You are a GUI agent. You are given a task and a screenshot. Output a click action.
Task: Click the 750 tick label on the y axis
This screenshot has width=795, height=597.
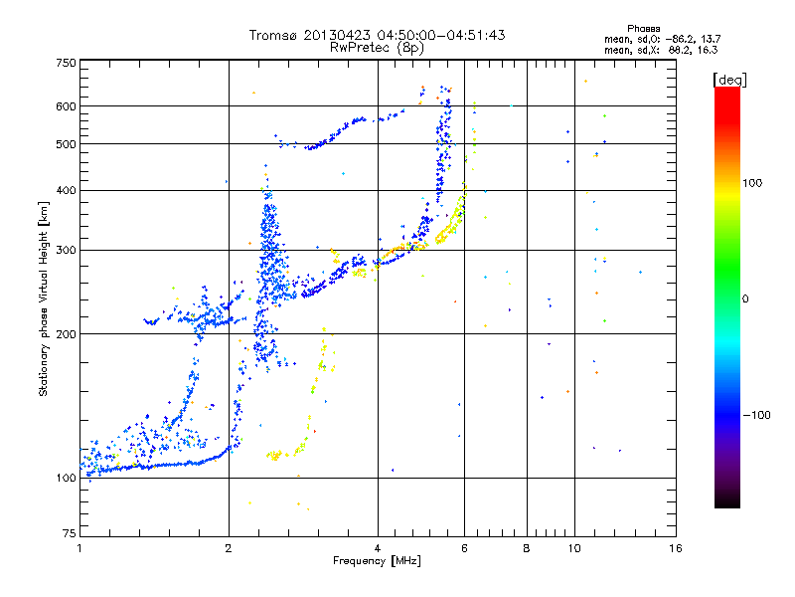pyautogui.click(x=66, y=62)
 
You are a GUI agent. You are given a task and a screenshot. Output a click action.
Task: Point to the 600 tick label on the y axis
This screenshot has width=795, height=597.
pyautogui.click(x=66, y=106)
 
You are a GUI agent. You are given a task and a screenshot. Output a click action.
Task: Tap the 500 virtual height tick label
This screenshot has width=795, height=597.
pyautogui.click(x=66, y=144)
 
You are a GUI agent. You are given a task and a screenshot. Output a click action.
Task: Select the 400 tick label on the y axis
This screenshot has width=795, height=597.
pyautogui.click(x=66, y=190)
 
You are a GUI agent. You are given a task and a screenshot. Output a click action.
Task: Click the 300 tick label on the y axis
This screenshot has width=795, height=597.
pyautogui.click(x=66, y=250)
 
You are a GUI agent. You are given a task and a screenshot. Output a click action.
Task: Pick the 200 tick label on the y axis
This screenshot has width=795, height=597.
pyautogui.click(x=66, y=334)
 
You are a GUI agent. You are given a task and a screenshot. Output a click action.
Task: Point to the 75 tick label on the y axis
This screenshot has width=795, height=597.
pyautogui.click(x=69, y=535)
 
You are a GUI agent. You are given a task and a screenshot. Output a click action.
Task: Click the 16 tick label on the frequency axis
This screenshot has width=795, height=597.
pyautogui.click(x=675, y=548)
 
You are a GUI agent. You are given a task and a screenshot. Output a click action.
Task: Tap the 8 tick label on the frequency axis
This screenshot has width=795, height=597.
pyautogui.click(x=527, y=548)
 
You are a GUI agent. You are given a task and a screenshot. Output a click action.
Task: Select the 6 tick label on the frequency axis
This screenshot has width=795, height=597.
pyautogui.click(x=464, y=548)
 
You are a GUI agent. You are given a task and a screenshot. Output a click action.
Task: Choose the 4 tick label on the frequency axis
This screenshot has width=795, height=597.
pyautogui.click(x=378, y=548)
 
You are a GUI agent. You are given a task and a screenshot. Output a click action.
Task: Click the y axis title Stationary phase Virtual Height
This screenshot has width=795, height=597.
pyautogui.click(x=44, y=298)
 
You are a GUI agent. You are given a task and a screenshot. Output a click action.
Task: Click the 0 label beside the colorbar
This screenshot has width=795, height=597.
pyautogui.click(x=747, y=298)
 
